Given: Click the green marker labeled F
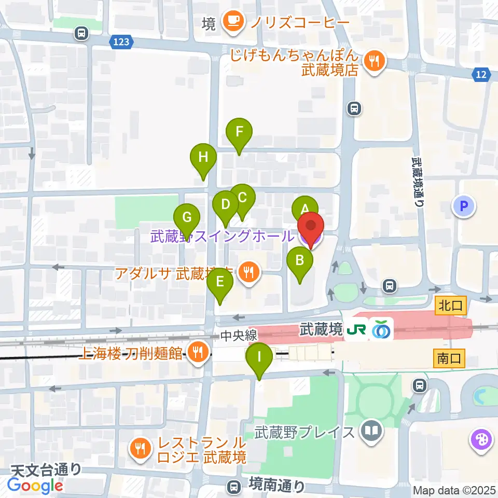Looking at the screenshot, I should tap(239, 132).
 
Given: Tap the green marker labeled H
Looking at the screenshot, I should tap(203, 157).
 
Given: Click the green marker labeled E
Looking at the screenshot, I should tap(220, 283).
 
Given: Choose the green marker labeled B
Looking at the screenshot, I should tap(300, 261).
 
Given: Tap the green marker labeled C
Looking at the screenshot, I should tap(242, 198).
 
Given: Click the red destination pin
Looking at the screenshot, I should tap(311, 228).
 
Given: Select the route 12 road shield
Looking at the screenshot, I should tap(481, 76).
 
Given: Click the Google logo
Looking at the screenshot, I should tap(35, 485).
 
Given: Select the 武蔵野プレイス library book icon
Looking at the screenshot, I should tap(372, 431).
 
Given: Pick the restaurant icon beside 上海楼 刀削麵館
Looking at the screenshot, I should tap(197, 354).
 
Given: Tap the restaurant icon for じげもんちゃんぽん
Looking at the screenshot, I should tap(373, 62).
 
